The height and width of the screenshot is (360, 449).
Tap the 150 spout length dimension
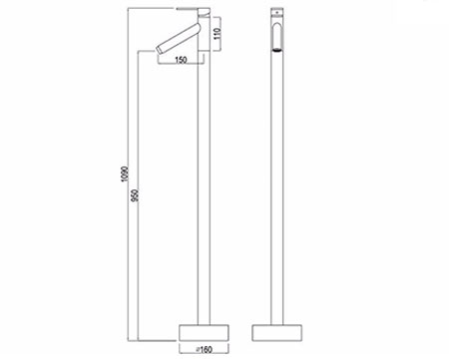[x=182, y=61]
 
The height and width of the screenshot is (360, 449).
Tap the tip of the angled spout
[x=160, y=50]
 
